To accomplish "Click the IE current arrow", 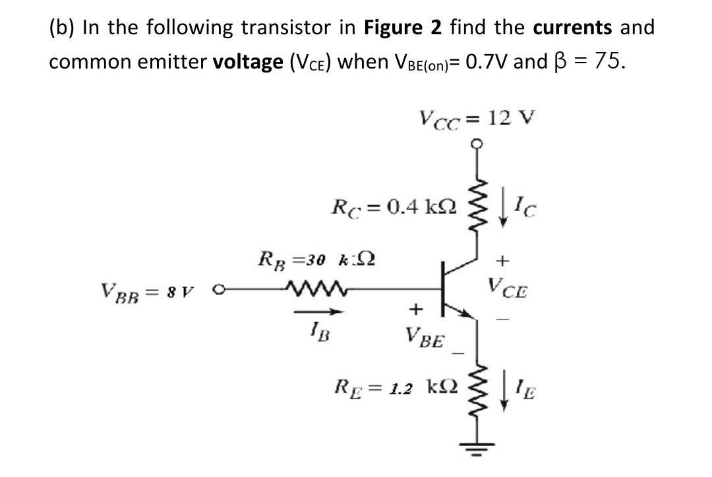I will pyautogui.click(x=502, y=393).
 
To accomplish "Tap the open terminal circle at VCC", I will pyautogui.click(x=475, y=144).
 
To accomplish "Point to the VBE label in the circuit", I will pyautogui.click(x=426, y=341).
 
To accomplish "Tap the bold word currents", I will pyautogui.click(x=572, y=28).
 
